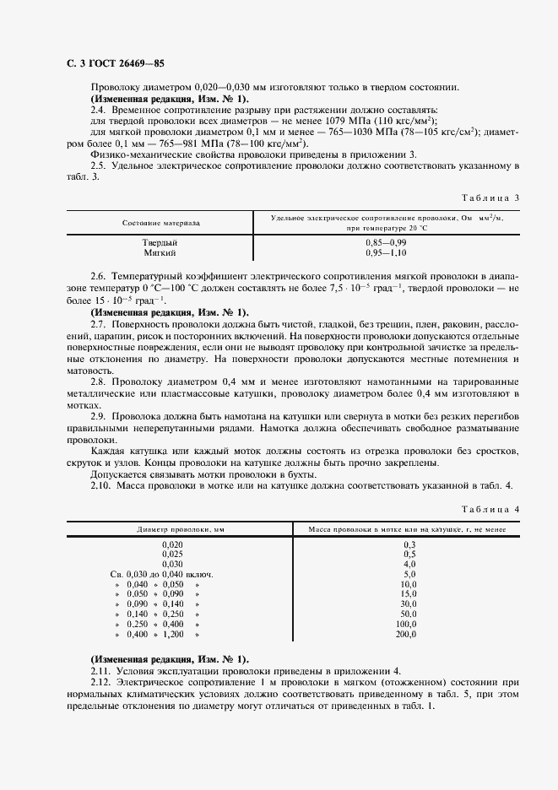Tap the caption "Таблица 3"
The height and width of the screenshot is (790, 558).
pyautogui.click(x=492, y=197)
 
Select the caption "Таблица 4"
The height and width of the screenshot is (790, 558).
pyautogui.click(x=492, y=509)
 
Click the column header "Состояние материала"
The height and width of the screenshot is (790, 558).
pyautogui.click(x=161, y=223)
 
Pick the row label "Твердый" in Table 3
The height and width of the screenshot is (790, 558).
pyautogui.click(x=160, y=243)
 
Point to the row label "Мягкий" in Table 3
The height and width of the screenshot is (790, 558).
pyautogui.click(x=160, y=252)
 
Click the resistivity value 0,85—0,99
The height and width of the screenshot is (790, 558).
pyautogui.click(x=387, y=243)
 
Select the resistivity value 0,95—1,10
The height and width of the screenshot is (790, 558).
pyautogui.click(x=387, y=252)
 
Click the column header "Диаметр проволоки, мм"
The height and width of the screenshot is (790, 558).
pyautogui.click(x=172, y=530)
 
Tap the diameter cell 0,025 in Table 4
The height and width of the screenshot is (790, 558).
pyautogui.click(x=172, y=554)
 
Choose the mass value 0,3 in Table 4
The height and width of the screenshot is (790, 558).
pyautogui.click(x=410, y=544)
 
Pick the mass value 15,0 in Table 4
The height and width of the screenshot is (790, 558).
pyautogui.click(x=409, y=594)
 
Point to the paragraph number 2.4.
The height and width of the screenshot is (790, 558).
pyautogui.click(x=97, y=111)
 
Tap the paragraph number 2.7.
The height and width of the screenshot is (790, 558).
pyautogui.click(x=97, y=324)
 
